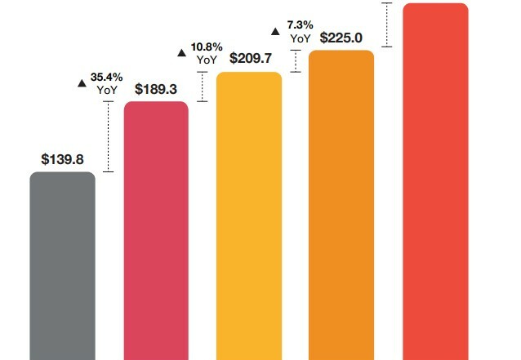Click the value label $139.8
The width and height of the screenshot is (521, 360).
[62, 159]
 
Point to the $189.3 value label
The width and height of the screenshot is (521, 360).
[156, 89]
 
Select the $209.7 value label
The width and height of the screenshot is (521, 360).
[249, 58]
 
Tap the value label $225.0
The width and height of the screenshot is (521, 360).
[341, 37]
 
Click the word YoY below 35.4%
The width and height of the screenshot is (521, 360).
[107, 90]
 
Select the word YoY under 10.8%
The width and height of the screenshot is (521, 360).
[207, 60]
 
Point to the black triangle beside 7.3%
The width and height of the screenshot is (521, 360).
[275, 31]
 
